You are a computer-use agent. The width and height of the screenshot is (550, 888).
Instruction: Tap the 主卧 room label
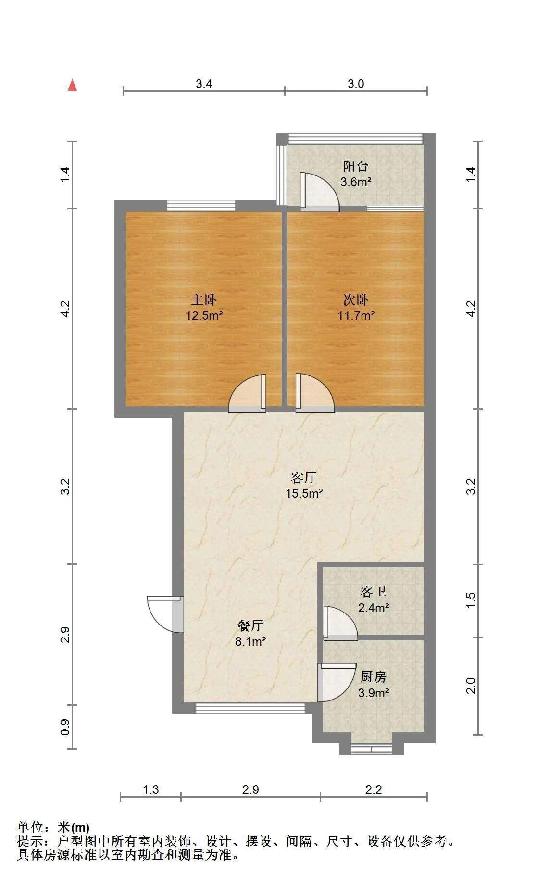(x=204, y=300)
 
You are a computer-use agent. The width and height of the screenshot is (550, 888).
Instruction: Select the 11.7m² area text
(x=356, y=316)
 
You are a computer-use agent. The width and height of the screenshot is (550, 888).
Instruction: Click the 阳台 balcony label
(x=356, y=166)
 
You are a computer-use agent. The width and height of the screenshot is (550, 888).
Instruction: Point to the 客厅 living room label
(x=304, y=477)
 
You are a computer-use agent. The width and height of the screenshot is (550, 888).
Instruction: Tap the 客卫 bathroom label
(x=374, y=591)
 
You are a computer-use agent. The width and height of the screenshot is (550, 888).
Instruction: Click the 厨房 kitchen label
(x=374, y=676)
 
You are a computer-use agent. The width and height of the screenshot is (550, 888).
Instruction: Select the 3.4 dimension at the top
(x=204, y=84)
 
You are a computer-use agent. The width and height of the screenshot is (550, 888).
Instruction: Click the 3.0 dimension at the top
(x=356, y=84)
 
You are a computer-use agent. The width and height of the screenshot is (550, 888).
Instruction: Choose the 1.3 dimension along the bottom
(x=151, y=789)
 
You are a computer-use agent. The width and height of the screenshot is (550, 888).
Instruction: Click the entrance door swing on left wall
(x=165, y=614)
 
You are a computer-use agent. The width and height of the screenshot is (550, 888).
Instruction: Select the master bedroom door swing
(x=247, y=393)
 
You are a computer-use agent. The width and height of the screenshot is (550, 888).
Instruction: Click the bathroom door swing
(x=340, y=624)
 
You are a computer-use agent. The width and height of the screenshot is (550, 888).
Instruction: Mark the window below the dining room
(x=250, y=708)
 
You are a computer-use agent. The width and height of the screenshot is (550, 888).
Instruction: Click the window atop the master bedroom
(x=201, y=206)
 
